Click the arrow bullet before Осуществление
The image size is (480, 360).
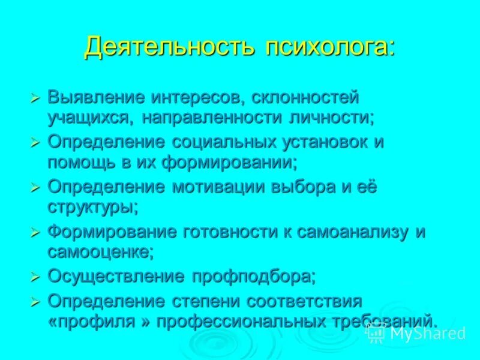coord(35,277)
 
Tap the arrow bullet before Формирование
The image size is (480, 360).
coord(35,232)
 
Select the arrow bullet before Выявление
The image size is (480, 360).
coord(35,97)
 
